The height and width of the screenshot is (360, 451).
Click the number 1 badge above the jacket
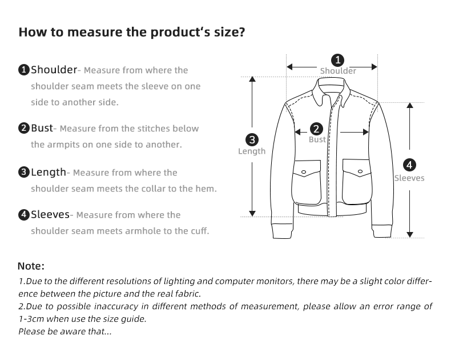tap(338, 59)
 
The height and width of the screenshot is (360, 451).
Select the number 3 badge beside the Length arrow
tap(252, 139)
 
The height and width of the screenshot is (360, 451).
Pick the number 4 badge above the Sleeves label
tap(409, 166)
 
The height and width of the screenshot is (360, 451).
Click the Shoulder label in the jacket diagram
tap(338, 71)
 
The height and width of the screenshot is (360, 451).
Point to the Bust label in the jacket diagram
tap(317, 139)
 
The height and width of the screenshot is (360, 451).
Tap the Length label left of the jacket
tap(252, 151)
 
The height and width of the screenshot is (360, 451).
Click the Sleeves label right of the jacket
tap(409, 178)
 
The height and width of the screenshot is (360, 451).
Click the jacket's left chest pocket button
tap(304, 171)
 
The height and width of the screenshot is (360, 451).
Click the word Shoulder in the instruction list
tap(54, 70)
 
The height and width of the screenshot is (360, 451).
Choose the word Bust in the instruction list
tap(42, 128)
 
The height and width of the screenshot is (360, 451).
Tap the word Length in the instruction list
tap(49, 172)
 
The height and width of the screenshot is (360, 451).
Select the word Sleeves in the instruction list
tap(50, 215)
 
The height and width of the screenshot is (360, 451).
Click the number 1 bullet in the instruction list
tap(24, 70)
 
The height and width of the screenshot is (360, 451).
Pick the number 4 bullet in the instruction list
tap(24, 215)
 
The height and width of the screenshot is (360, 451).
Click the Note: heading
tap(31, 266)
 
